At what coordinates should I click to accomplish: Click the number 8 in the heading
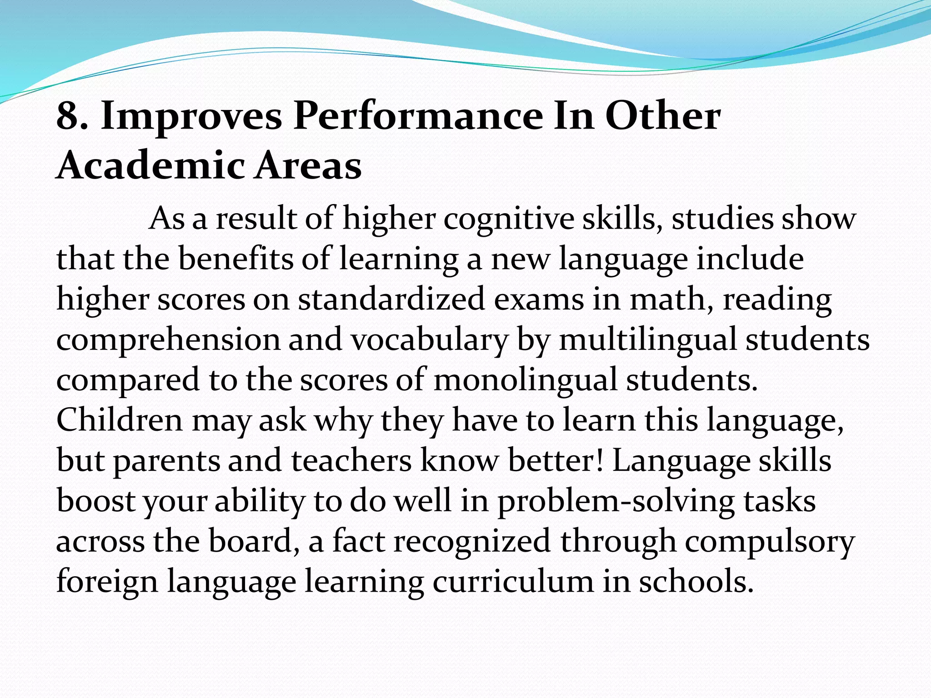67,116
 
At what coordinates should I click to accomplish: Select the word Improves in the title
191,117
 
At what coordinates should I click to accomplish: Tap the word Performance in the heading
418,117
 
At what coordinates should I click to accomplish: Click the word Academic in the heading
150,165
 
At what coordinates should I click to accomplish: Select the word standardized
391,299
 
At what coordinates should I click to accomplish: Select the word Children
119,420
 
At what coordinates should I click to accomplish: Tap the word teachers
351,461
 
